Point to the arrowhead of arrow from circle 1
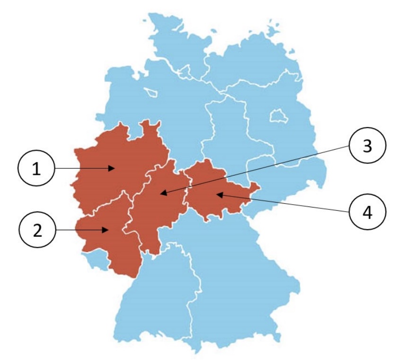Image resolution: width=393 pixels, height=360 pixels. point(114,168)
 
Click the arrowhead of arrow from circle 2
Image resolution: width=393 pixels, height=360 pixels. point(109,230)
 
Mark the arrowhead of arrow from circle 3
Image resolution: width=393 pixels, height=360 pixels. point(161,194)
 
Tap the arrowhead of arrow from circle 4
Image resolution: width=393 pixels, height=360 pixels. point(216,194)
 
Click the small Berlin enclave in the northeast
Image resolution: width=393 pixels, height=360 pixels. point(276,116)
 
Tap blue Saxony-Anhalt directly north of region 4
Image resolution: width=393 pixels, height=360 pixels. point(227,133)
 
